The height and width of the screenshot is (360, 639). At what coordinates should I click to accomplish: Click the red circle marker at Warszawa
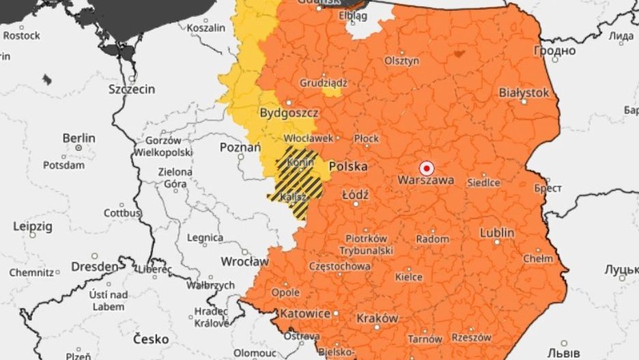[x=426, y=167]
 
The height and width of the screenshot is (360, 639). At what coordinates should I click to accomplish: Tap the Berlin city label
[x=79, y=138]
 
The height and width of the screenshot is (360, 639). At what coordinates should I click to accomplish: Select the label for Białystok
[x=524, y=92]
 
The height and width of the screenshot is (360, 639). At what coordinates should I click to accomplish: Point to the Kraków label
[x=377, y=318]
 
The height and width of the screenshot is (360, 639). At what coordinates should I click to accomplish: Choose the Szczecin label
[x=132, y=89]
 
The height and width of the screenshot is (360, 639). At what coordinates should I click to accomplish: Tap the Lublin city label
[x=497, y=233]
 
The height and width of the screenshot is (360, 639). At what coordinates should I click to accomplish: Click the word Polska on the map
[x=348, y=167]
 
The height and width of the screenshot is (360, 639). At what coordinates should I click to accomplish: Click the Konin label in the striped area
[x=300, y=163]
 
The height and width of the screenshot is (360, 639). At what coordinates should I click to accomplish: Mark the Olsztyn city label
[x=401, y=61]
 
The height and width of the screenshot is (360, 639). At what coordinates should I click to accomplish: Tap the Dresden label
[x=94, y=266]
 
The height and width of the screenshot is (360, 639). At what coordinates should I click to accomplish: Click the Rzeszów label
[x=471, y=337]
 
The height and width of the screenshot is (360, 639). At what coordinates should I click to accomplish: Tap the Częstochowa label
[x=340, y=266]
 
